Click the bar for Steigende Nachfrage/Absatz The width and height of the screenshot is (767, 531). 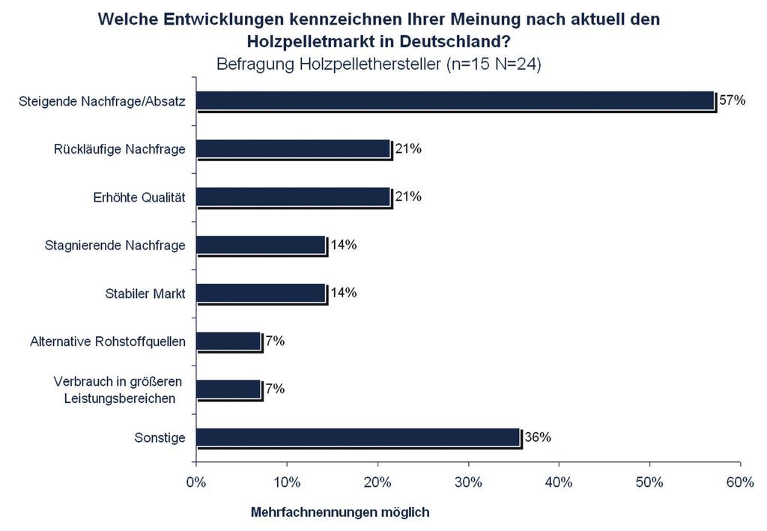click(x=455, y=101)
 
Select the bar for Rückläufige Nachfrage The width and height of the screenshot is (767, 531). click(x=293, y=149)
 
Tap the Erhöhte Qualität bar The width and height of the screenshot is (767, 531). click(x=293, y=197)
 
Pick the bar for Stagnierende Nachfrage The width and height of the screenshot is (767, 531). click(x=261, y=246)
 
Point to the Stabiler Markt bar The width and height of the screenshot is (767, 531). click(x=261, y=294)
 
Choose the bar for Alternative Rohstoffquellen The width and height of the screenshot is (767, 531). click(x=228, y=342)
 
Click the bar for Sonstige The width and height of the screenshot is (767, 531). click(x=358, y=438)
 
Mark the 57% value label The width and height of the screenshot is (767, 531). click(x=733, y=100)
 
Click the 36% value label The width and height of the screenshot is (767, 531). click(x=537, y=437)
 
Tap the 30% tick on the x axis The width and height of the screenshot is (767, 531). click(x=469, y=482)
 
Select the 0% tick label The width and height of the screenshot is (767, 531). click(x=196, y=482)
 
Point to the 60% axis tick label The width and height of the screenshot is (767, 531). click(x=740, y=482)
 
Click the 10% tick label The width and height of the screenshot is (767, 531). click(x=287, y=482)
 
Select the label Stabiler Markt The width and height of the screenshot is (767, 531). click(x=145, y=293)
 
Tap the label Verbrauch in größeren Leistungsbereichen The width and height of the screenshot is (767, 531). click(x=120, y=390)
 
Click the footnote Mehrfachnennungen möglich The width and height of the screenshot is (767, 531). click(x=339, y=512)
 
